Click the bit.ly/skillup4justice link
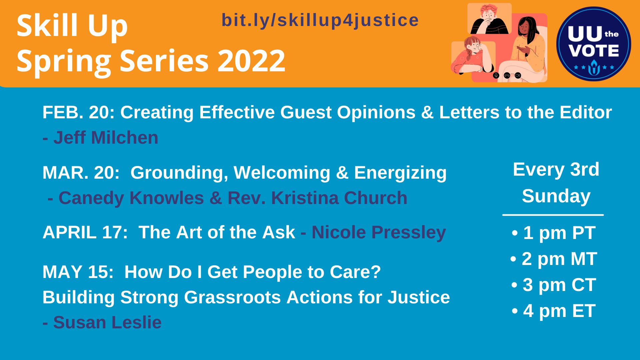(320, 20)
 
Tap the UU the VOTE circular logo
(593, 44)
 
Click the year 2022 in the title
(252, 61)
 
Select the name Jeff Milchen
(106, 138)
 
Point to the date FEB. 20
(78, 112)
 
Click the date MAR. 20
(81, 173)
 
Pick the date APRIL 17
(85, 232)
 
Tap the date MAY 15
(78, 272)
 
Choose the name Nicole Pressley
(379, 232)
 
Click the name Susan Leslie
(107, 323)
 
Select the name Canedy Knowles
(131, 198)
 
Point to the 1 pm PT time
(559, 233)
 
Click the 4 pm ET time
(559, 311)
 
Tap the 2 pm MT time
(559, 259)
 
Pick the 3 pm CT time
(559, 285)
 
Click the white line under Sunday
(553, 215)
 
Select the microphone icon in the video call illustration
(496, 75)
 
